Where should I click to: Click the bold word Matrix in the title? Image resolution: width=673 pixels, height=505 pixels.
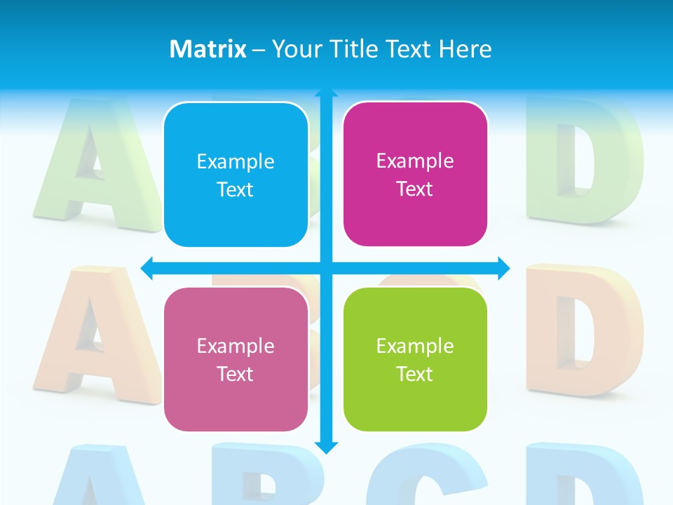tap(208, 49)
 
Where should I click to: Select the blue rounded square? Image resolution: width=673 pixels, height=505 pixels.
tap(236, 175)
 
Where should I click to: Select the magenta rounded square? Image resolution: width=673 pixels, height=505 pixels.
tap(415, 174)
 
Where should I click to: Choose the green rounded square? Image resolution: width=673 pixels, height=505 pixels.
tap(415, 359)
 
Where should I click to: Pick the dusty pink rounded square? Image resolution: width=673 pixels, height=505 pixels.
tap(236, 359)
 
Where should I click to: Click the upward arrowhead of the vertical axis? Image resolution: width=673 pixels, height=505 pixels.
tap(326, 93)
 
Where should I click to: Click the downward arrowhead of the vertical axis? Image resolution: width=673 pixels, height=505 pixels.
tap(326, 447)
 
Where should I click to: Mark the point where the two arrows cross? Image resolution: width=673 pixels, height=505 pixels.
tap(326, 267)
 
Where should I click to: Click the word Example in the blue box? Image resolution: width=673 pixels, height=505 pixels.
tap(236, 161)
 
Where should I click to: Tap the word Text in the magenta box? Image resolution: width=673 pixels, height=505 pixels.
tap(415, 189)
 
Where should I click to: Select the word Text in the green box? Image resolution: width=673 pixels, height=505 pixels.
tap(415, 374)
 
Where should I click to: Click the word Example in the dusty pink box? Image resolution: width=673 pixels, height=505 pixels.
tap(236, 346)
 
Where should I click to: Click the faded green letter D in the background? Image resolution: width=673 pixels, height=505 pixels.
tap(585, 161)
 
